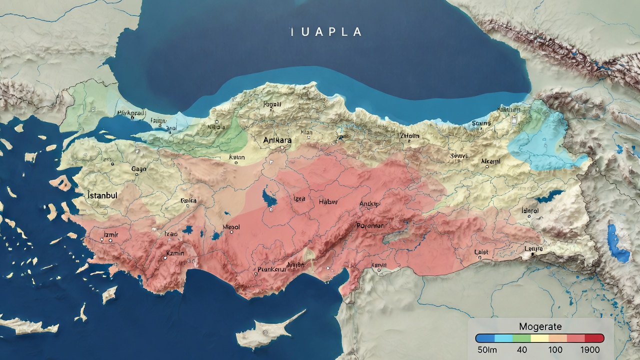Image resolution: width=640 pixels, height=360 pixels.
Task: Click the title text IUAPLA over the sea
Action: click(x=326, y=32)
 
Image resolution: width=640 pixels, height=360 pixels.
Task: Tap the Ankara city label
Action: click(x=277, y=140)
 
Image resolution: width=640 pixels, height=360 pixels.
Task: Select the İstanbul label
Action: click(x=102, y=195)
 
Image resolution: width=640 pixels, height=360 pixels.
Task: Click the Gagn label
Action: click(x=138, y=169)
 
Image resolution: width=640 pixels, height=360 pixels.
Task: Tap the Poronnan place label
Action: click(x=370, y=226)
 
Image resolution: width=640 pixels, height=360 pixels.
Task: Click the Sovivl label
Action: click(x=459, y=156)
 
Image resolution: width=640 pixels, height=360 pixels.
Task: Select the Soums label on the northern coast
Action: click(x=481, y=123)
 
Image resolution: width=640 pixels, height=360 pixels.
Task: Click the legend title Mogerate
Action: click(x=540, y=327)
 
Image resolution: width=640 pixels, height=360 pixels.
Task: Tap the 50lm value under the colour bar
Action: click(x=487, y=349)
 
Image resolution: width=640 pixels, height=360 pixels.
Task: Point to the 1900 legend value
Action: click(x=590, y=349)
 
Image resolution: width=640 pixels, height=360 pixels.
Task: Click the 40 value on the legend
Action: click(x=522, y=349)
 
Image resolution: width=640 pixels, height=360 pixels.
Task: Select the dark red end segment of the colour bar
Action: click(x=594, y=338)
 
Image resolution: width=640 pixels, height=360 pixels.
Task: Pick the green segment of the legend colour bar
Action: click(x=521, y=338)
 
